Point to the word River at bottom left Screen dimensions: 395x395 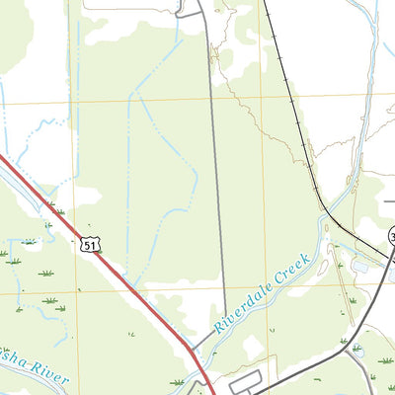(49, 379)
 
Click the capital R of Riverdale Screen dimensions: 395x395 (218, 326)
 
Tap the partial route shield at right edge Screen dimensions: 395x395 (392, 237)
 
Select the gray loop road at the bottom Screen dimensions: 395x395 (247, 379)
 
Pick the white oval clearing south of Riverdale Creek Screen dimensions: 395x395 (255, 348)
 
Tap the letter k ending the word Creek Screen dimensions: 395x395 (307, 259)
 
